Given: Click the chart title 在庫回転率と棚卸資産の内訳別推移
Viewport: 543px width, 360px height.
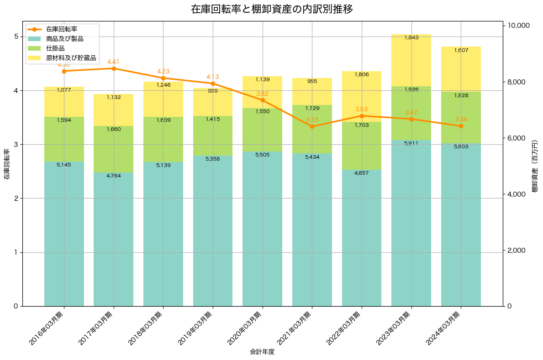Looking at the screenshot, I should pyautogui.click(x=271, y=9).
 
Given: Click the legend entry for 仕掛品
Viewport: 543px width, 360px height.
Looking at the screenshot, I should pyautogui.click(x=55, y=48).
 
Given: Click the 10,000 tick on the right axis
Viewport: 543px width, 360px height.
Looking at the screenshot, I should pyautogui.click(x=516, y=26).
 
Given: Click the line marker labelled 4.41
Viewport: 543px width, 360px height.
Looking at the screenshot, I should pyautogui.click(x=114, y=68).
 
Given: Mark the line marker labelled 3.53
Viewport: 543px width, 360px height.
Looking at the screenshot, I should pyautogui.click(x=362, y=116).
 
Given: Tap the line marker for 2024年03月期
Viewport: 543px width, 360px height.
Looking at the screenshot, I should pyautogui.click(x=461, y=126).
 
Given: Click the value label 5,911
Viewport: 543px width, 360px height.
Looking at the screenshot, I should pyautogui.click(x=411, y=143).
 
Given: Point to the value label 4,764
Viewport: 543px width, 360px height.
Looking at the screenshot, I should pyautogui.click(x=114, y=176).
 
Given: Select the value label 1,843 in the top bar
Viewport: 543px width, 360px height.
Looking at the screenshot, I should pyautogui.click(x=411, y=37).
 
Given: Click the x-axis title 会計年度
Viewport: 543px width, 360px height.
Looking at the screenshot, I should pyautogui.click(x=262, y=352).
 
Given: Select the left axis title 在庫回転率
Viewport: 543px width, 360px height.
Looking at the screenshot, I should pyautogui.click(x=7, y=164).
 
